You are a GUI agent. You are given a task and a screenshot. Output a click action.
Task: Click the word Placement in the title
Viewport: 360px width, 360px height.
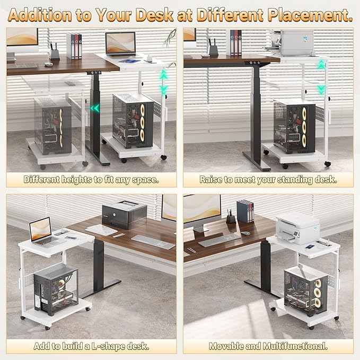point(312,14)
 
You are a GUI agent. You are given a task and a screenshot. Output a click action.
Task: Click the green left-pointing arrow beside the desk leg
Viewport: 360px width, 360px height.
point(95,109)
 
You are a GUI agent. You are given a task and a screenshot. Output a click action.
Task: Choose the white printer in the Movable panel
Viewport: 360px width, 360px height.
point(297,227)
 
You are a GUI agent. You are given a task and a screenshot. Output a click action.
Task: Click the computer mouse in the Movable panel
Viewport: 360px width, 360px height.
point(245,233)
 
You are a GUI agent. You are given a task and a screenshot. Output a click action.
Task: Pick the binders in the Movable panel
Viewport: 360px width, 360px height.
point(245,211)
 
